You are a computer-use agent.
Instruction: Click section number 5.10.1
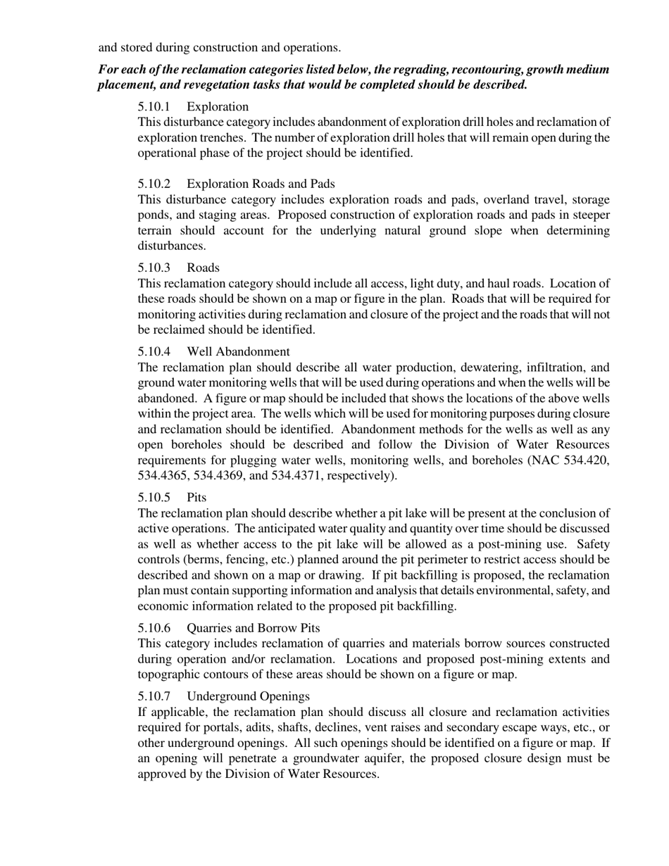[154, 107]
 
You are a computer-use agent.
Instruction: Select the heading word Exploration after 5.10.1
[218, 107]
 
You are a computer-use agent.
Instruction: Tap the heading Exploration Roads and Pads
[261, 184]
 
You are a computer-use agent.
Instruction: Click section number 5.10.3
[154, 268]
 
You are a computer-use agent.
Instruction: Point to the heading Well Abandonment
[238, 351]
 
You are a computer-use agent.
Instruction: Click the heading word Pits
[196, 498]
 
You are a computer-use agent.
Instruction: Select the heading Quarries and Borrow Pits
[253, 628]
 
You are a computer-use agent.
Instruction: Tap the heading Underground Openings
[248, 696]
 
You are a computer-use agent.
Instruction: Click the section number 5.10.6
[154, 628]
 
